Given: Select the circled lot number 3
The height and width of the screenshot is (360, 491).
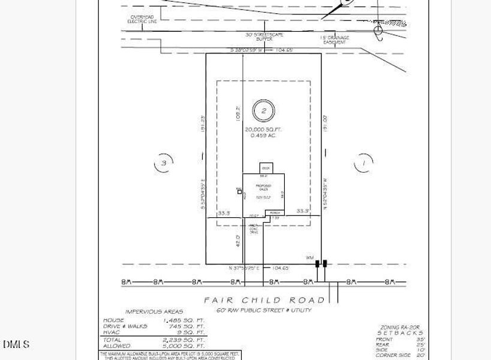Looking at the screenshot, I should pos(163,163).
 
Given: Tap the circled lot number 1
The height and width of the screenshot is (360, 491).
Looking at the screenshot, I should pos(363,163).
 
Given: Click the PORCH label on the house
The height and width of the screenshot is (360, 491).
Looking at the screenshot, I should pos(275,213).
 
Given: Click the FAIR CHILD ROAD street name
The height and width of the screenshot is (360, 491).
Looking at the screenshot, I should pos(264,300).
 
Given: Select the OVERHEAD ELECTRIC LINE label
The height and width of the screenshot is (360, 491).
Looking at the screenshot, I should pos(141,19).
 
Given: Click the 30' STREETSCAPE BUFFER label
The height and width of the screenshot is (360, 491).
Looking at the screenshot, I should pos(264,37).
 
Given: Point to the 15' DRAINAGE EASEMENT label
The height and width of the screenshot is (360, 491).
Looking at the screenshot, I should pos(334,40).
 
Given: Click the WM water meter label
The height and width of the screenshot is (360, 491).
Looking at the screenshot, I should pos(310,258).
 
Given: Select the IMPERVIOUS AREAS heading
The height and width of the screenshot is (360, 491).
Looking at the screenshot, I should pos(152,311).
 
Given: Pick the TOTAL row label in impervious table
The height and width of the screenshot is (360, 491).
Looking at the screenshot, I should pos(113,340).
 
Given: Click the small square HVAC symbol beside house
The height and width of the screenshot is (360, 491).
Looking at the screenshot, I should pos(239,192).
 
